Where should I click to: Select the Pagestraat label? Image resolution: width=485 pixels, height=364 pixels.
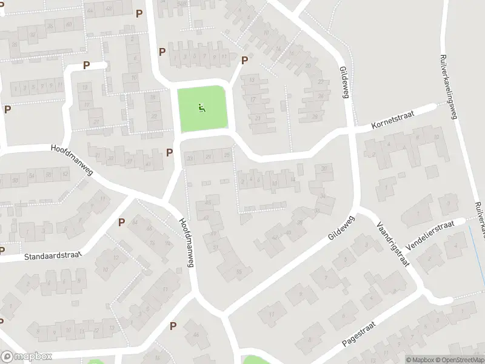[x=359, y=334]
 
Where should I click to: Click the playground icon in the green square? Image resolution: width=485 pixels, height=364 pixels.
[x=202, y=109]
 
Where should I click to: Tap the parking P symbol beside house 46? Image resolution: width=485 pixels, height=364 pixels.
[x=173, y=326]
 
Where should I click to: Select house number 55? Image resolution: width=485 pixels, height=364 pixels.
[x=239, y=271]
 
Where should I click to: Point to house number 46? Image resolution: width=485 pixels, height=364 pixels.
[x=196, y=335]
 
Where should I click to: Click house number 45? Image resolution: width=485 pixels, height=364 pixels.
[x=209, y=201]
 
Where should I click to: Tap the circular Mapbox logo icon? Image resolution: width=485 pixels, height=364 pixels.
[x=7, y=357]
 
